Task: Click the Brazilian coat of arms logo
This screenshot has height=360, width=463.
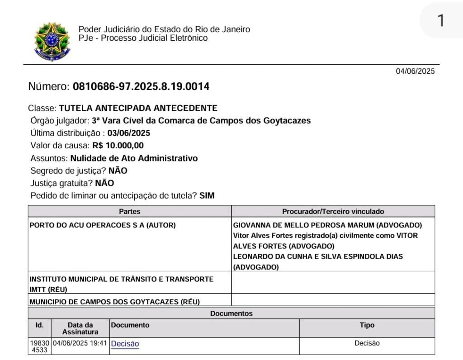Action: pos(52,42)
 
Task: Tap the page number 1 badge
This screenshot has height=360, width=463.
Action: pos(441,21)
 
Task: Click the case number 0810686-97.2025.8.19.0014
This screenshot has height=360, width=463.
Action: pos(141,86)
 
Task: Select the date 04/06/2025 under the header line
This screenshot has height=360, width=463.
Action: pos(415,71)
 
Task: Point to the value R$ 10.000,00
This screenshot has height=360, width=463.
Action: pos(118,146)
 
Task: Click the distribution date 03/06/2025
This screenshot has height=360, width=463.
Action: pos(129,133)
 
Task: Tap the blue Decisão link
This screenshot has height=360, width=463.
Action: pos(125,344)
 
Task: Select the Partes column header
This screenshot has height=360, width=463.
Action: pos(130,211)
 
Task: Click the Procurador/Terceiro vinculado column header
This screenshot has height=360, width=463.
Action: pos(333,211)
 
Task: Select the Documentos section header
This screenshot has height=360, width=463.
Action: pos(231,313)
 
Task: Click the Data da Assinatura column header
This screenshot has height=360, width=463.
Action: pos(80,328)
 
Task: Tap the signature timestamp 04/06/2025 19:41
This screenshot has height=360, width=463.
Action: pos(80,343)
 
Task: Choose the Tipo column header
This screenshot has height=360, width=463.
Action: pos(367,325)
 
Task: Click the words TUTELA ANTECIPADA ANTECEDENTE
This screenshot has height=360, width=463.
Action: pos(138,108)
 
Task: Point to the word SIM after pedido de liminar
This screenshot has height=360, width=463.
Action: pos(207,196)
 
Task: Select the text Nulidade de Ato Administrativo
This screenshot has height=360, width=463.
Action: pos(134,158)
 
